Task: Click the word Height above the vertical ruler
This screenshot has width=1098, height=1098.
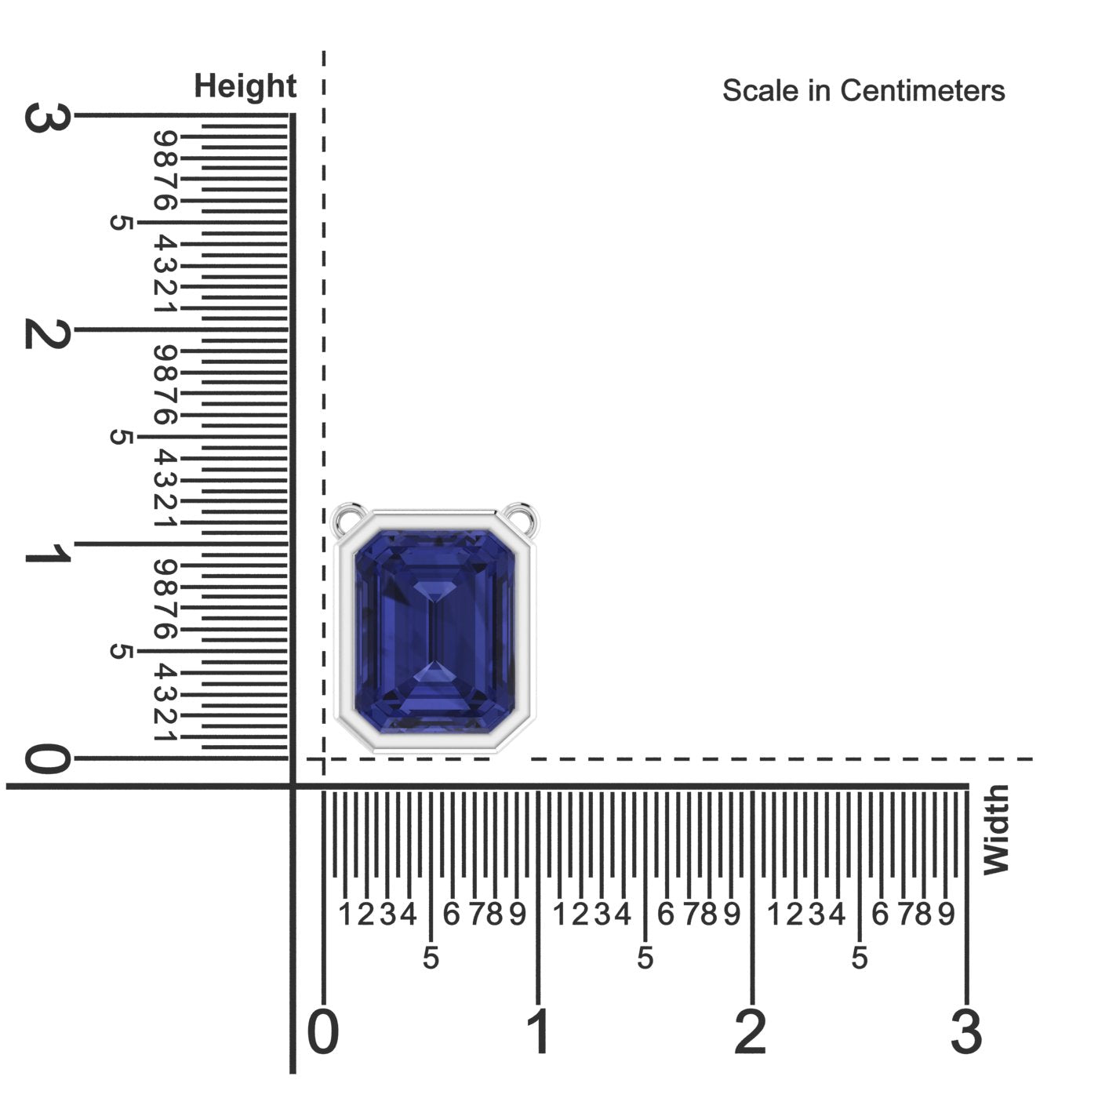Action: [x=245, y=86]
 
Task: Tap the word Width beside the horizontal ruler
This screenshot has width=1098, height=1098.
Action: [x=997, y=829]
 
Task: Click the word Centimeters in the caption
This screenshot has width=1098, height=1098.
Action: [x=922, y=91]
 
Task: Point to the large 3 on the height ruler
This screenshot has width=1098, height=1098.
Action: [x=48, y=118]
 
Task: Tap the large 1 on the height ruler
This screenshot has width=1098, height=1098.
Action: [x=48, y=553]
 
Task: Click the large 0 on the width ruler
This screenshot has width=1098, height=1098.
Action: [x=322, y=1031]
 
